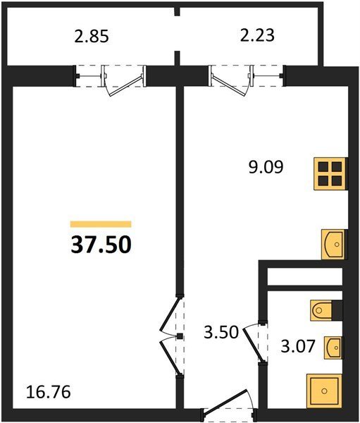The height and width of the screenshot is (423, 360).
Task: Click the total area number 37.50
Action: pyautogui.click(x=101, y=245)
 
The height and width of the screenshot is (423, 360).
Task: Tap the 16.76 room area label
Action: pyautogui.click(x=49, y=392)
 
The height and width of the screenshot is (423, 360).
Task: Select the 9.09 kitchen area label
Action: pyautogui.click(x=266, y=167)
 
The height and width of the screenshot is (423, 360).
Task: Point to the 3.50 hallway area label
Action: pyautogui.click(x=221, y=332)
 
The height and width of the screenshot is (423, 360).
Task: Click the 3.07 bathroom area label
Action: pyautogui.click(x=298, y=346)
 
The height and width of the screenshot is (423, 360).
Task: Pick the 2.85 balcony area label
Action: pyautogui.click(x=92, y=37)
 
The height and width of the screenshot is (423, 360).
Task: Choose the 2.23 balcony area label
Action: pyautogui.click(x=257, y=35)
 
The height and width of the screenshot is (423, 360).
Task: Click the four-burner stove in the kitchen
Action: pyautogui.click(x=330, y=174)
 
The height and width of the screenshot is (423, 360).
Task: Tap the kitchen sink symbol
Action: pyautogui.click(x=333, y=244)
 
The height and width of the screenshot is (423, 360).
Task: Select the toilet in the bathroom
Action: pyautogui.click(x=321, y=310)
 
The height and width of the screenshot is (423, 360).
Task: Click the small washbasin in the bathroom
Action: pyautogui.click(x=333, y=348)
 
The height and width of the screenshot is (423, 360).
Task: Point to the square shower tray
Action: pyautogui.click(x=324, y=391)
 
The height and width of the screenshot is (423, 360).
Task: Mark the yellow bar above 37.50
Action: pyautogui.click(x=101, y=224)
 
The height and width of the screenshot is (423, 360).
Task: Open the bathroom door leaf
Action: pyautogui.click(x=253, y=344)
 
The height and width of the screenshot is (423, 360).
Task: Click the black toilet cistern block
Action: pyautogui.click(x=337, y=310)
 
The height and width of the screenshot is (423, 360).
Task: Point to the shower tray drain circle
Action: pyautogui.click(x=324, y=391)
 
